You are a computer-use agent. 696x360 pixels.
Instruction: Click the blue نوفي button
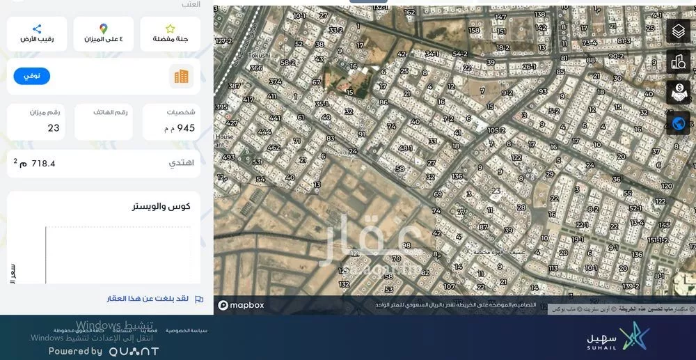coord(32,76)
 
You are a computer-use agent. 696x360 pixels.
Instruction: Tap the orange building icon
coord(181,77)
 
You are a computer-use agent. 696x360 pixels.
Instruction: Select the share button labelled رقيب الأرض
coord(37,33)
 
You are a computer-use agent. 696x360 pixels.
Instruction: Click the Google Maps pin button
coord(103,33)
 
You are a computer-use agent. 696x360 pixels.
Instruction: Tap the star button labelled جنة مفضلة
coord(170,33)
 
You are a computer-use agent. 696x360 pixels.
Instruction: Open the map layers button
coord(679,31)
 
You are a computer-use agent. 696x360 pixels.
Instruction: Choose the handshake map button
coord(679,92)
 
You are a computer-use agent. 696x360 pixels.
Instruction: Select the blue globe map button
coord(679,123)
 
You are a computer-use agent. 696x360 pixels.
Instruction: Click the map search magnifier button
coord(679,61)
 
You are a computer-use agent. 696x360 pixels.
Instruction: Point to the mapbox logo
coord(241,305)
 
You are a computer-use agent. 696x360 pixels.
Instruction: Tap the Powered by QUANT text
coord(104,352)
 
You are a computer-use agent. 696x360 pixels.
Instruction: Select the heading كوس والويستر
coord(161,206)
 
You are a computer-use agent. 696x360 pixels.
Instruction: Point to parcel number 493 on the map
coord(228,157)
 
